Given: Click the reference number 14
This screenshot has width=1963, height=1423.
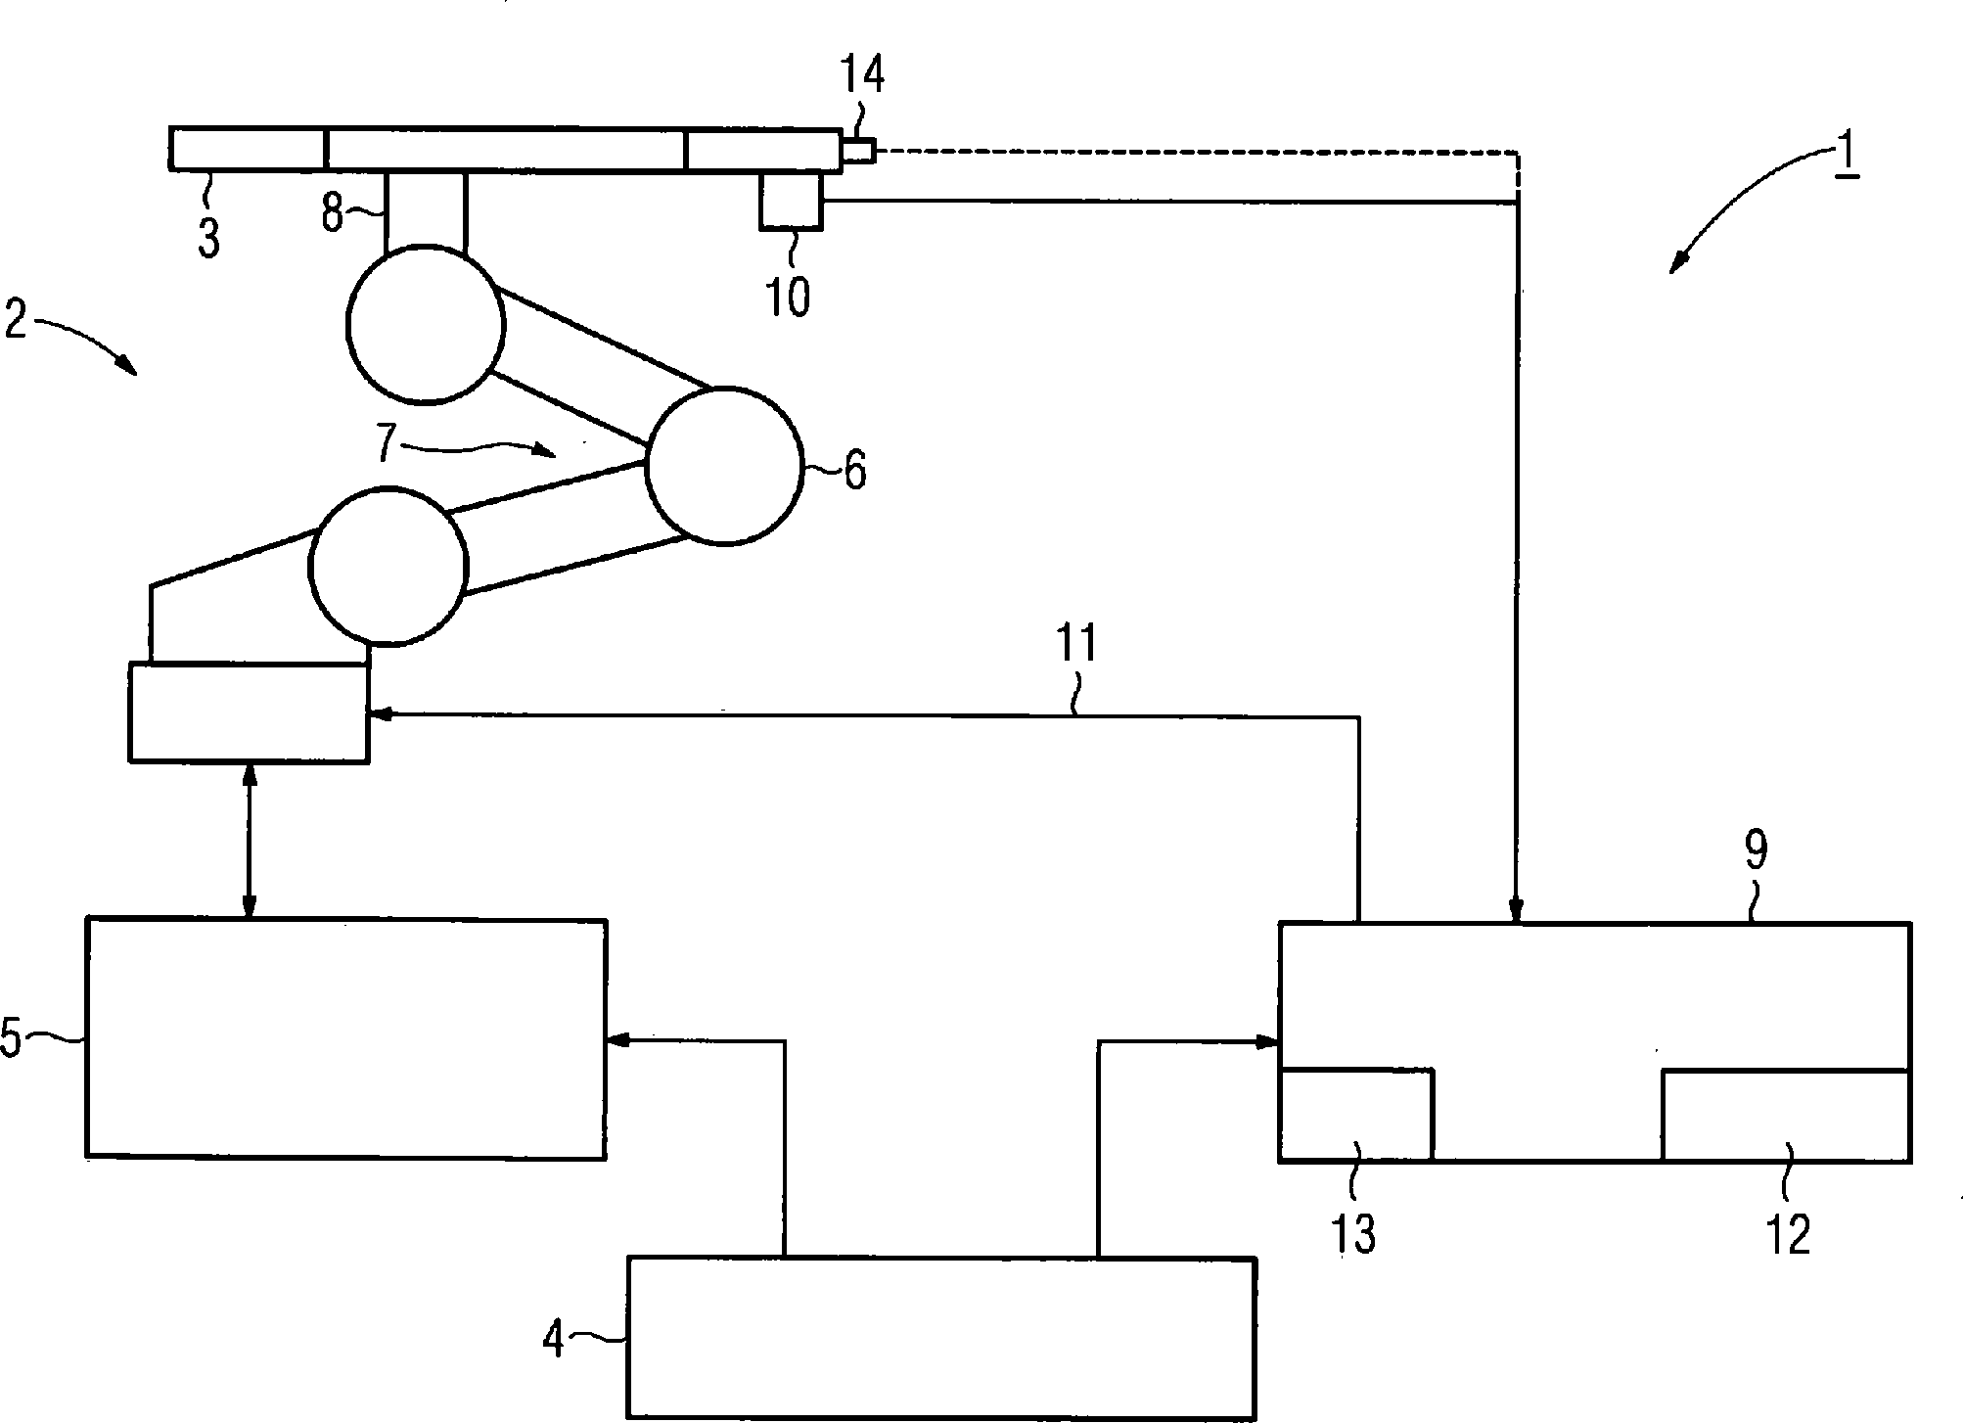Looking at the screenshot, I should pyautogui.click(x=862, y=74).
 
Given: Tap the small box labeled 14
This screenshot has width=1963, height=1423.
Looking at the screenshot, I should pyautogui.click(x=858, y=151).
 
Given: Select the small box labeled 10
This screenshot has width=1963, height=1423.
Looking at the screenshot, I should pyautogui.click(x=791, y=200).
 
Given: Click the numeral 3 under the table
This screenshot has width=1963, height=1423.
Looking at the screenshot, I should pyautogui.click(x=208, y=238).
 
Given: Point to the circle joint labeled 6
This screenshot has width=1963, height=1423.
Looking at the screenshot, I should pyautogui.click(x=724, y=466).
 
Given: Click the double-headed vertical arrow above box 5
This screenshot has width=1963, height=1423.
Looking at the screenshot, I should pyautogui.click(x=249, y=841).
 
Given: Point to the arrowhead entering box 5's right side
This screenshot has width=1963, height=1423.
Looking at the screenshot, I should pyautogui.click(x=616, y=1040).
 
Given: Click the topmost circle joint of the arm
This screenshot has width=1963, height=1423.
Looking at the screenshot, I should pyautogui.click(x=426, y=324).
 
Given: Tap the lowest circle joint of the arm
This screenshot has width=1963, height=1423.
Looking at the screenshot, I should pyautogui.click(x=388, y=567).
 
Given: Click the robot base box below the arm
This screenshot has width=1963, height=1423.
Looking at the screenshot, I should pyautogui.click(x=249, y=711).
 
